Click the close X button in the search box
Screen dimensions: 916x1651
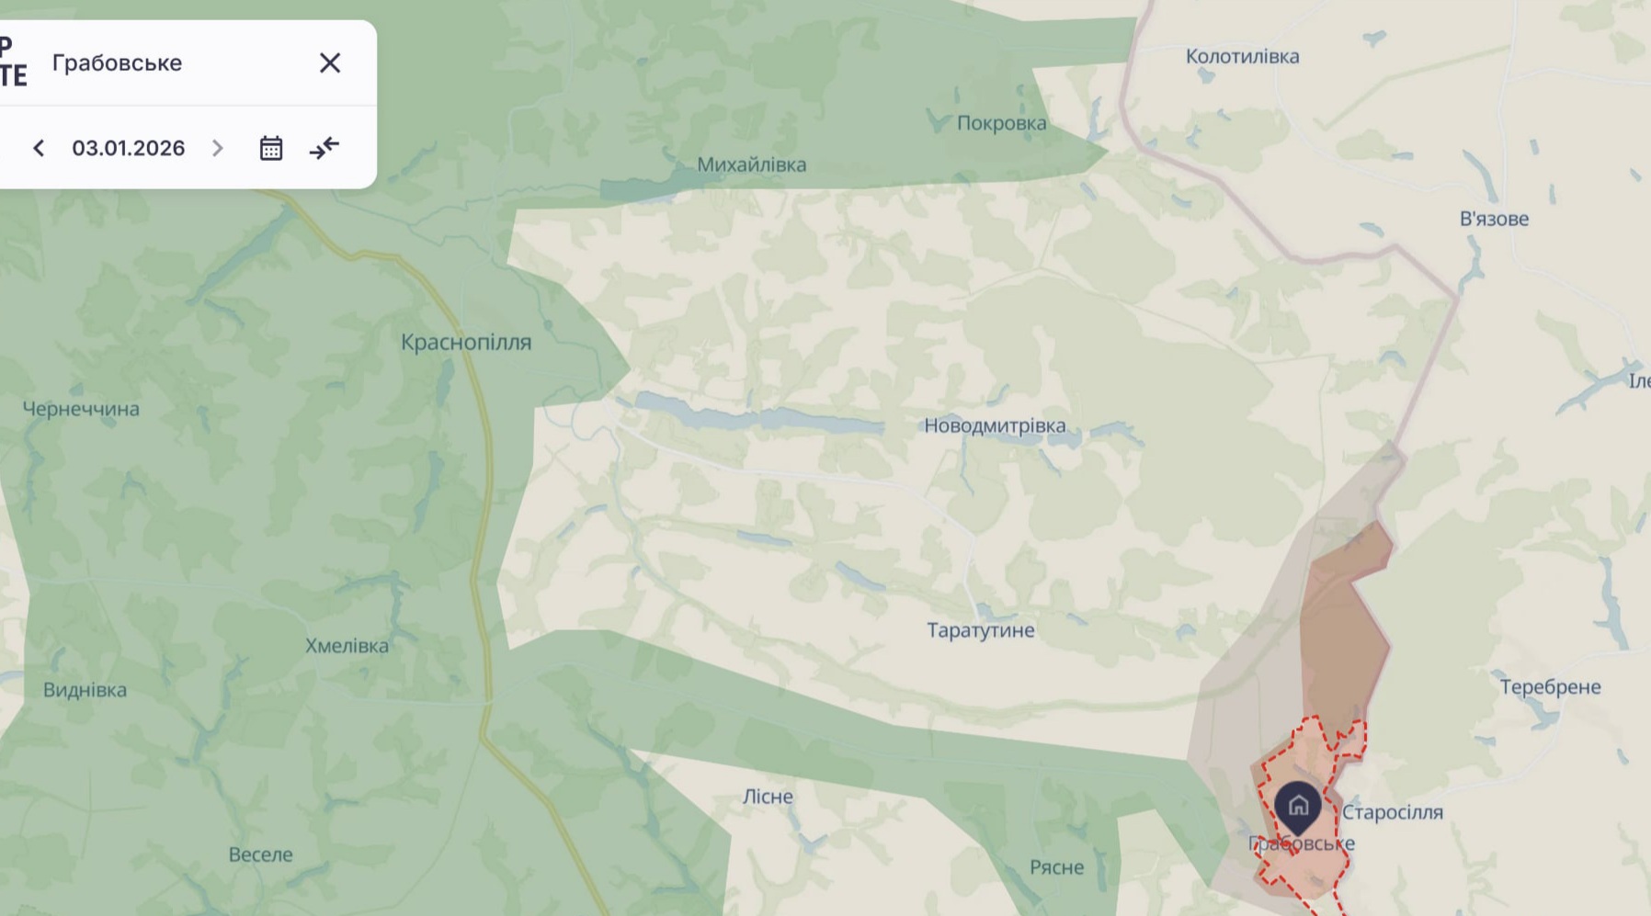[x=330, y=62]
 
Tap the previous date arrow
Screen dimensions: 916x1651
[x=39, y=148]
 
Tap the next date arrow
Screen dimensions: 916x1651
[x=218, y=148]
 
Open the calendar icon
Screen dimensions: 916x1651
[x=270, y=148]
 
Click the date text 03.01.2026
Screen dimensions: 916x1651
[x=129, y=148]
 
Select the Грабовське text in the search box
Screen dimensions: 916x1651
[x=117, y=62]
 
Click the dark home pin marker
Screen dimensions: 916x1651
[x=1297, y=807]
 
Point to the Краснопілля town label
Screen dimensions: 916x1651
[x=466, y=342]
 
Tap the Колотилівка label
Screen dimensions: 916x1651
[x=1242, y=56]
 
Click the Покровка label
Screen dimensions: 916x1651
[x=1001, y=123]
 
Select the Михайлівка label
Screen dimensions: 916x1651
[x=751, y=164]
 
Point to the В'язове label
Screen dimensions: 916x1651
[x=1494, y=219]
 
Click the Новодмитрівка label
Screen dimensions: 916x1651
[x=995, y=425]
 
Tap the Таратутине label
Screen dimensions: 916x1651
[x=980, y=630]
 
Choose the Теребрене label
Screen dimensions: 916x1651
[x=1550, y=687]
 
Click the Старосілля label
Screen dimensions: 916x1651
[x=1392, y=812]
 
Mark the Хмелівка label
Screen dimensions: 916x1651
[x=347, y=646]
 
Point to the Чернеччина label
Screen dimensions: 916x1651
[x=81, y=409]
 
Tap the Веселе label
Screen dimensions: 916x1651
[x=260, y=854]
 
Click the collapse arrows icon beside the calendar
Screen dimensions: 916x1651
[x=325, y=148]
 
